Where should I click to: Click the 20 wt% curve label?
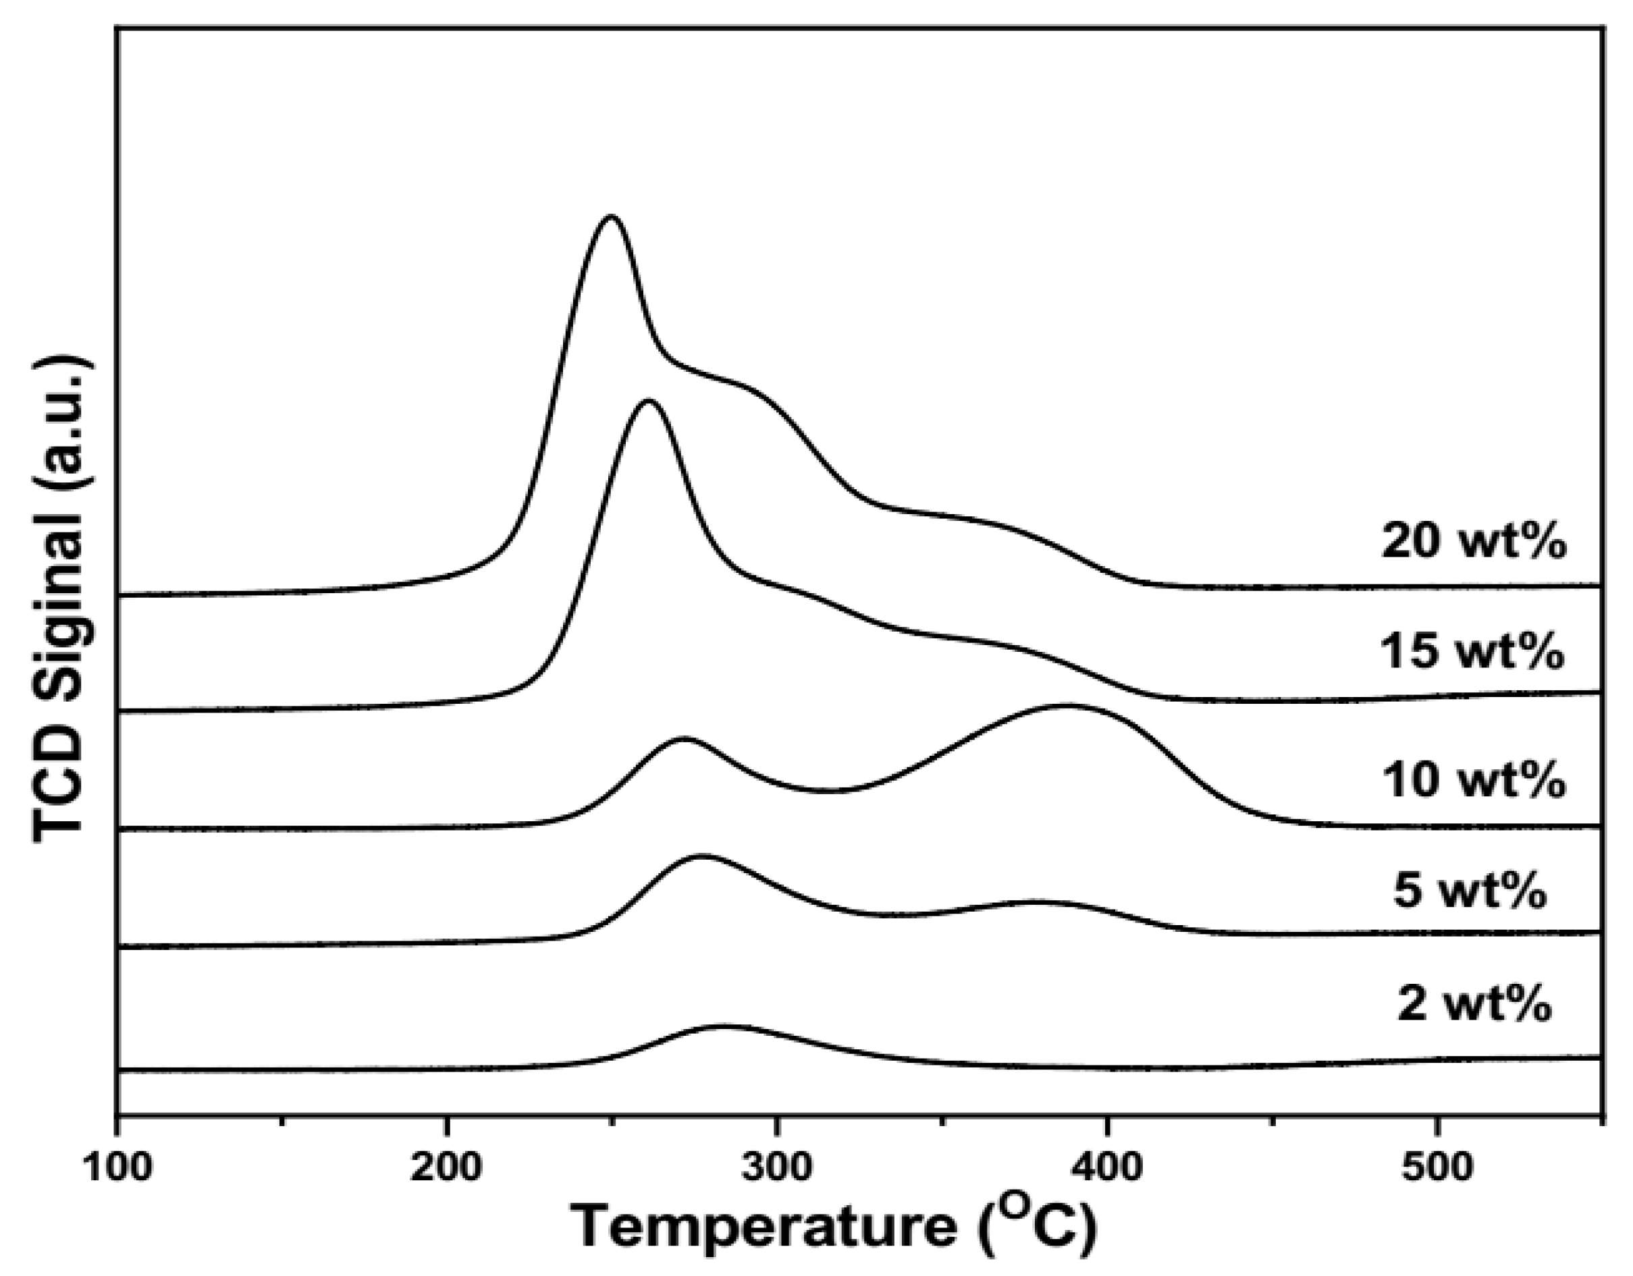pyautogui.click(x=1472, y=541)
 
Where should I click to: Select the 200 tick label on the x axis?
pyautogui.click(x=447, y=1167)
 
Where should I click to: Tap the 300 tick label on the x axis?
pyautogui.click(x=778, y=1167)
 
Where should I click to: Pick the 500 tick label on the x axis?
pyautogui.click(x=1437, y=1167)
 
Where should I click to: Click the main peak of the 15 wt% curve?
pyautogui.click(x=647, y=401)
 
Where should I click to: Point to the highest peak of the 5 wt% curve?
pyautogui.click(x=701, y=856)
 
